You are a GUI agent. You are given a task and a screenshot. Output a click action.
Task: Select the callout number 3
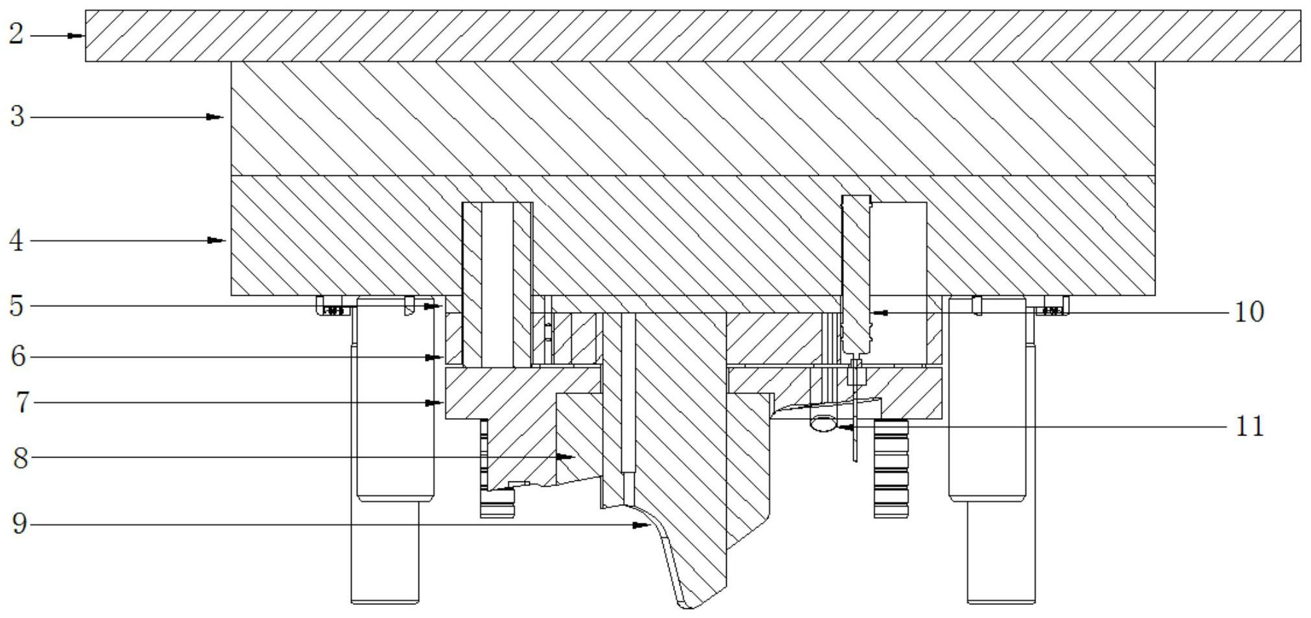[x=17, y=117]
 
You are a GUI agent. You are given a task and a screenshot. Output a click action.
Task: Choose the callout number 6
[x=18, y=357]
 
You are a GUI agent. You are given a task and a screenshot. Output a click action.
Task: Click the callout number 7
[x=22, y=403]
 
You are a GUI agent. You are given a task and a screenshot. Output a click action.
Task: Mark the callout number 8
[x=21, y=458]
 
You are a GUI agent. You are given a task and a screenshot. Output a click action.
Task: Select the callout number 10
[x=1249, y=313]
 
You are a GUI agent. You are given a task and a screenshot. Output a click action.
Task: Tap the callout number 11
[x=1249, y=427]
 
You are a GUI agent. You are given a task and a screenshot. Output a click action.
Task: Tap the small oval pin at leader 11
[x=823, y=424]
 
